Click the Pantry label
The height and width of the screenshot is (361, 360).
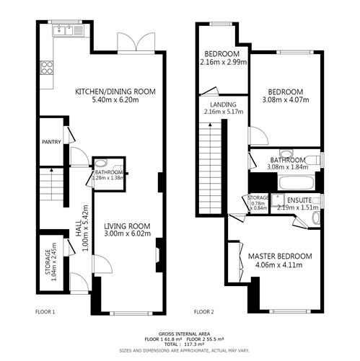50,143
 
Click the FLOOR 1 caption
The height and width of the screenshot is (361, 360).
45,313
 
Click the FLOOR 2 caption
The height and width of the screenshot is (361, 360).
204,313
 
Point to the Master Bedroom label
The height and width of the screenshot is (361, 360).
280,256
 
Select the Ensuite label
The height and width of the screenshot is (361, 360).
298,200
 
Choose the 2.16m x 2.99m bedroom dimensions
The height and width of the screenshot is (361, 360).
224,63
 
